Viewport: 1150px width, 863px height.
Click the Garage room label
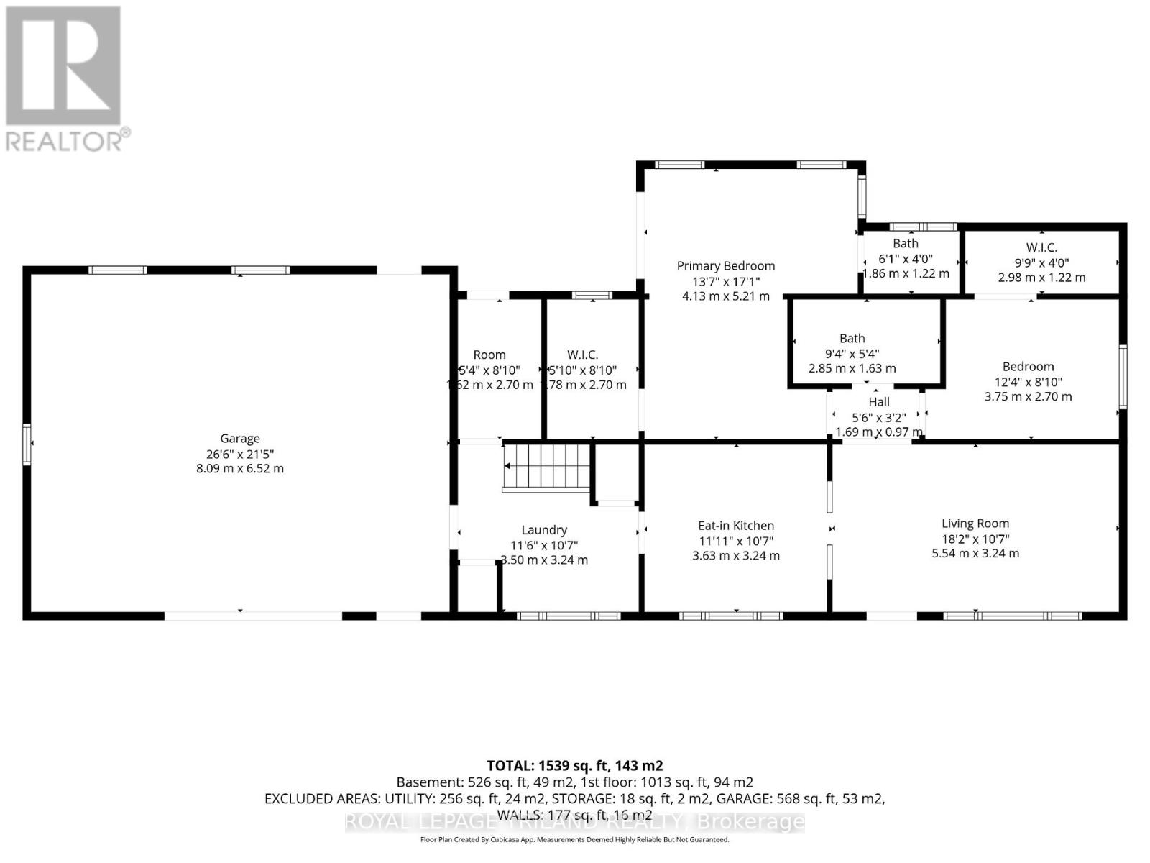pyautogui.click(x=239, y=438)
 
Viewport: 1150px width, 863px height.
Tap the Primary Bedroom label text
pyautogui.click(x=725, y=266)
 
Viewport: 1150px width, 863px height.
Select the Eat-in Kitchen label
pyautogui.click(x=735, y=526)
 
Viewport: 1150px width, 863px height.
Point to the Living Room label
pyautogui.click(x=975, y=524)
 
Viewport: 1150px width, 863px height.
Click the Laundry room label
pyautogui.click(x=544, y=530)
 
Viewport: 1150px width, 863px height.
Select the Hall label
pyautogui.click(x=878, y=402)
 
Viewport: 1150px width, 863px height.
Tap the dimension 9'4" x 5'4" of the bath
pyautogui.click(x=852, y=353)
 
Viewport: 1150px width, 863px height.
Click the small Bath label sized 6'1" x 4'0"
pyautogui.click(x=905, y=244)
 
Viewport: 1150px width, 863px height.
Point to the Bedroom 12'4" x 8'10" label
pyautogui.click(x=1028, y=367)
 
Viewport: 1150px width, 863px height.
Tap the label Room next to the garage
pyautogui.click(x=489, y=355)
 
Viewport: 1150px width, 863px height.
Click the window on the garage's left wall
pyautogui.click(x=27, y=444)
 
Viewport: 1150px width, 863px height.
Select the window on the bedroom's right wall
pyautogui.click(x=1122, y=377)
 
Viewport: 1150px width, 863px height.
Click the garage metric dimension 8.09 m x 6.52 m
pyautogui.click(x=239, y=468)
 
